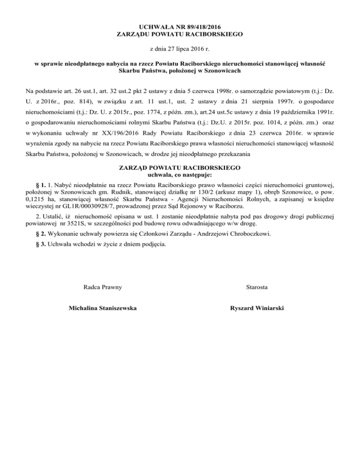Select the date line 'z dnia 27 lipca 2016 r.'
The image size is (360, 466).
pyautogui.click(x=180, y=48)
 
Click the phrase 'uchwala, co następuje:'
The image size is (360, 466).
pyautogui.click(x=180, y=174)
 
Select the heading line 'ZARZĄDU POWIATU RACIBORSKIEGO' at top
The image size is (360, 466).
pyautogui.click(x=180, y=33)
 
